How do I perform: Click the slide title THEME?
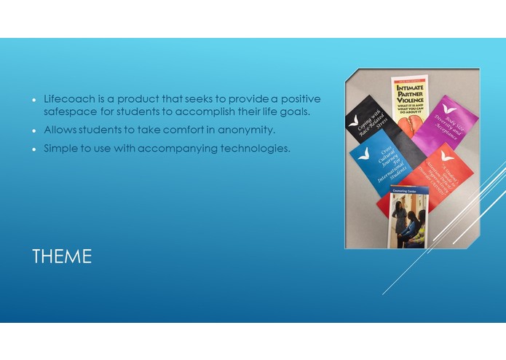pos(62,257)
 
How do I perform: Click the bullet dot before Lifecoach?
pos(33,99)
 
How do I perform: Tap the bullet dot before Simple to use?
pos(33,149)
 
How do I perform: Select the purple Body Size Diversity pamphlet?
pos(446,124)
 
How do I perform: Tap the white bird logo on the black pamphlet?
pos(355,120)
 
